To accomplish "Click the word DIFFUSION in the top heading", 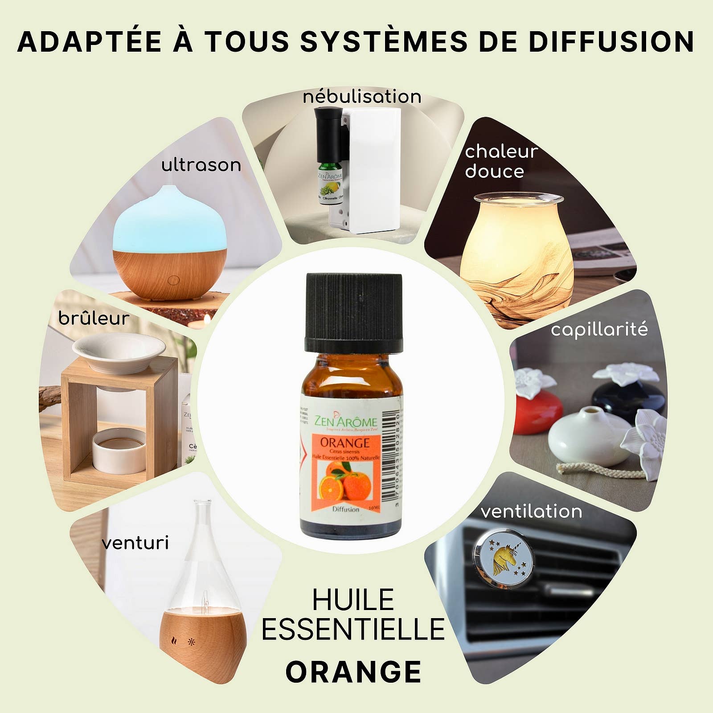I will coord(611,41).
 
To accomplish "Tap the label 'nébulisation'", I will coord(362,97).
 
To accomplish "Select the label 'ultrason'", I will coord(201,165).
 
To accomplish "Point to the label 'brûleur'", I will coord(94,319).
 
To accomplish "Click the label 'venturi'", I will coord(135,543).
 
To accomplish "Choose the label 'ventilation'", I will coord(531,511).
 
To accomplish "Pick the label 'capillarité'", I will coord(599,330).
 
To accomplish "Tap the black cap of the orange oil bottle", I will coord(354,312).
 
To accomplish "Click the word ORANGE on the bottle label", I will coord(345,443).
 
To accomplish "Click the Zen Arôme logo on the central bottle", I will coord(345,421).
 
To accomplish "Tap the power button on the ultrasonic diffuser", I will coord(173,280).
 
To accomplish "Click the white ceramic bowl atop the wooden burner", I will coord(119,352).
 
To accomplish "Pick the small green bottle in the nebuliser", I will coord(330,183).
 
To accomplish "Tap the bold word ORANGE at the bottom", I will coord(353,672).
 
